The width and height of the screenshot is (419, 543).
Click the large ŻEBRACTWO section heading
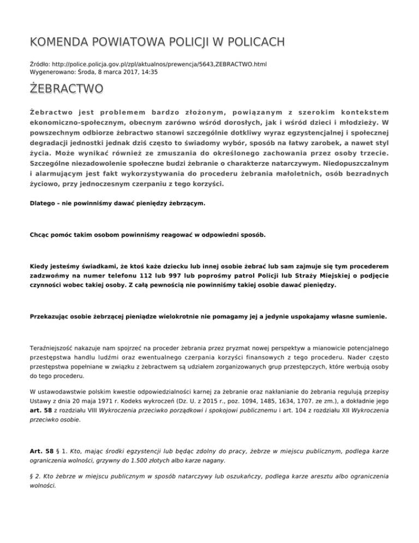click(x=65, y=88)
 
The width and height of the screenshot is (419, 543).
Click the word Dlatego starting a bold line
click(x=43, y=204)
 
